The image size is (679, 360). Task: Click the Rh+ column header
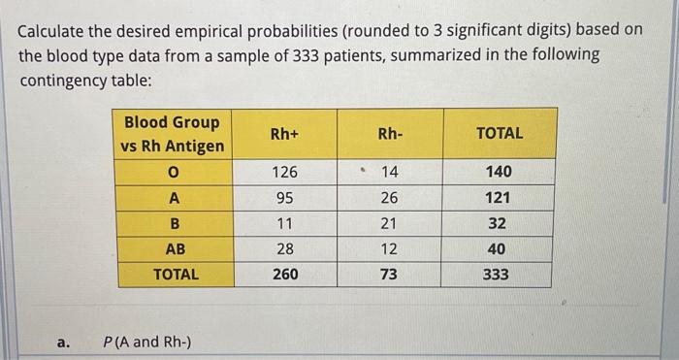pos(285,134)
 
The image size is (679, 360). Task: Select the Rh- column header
pos(388,134)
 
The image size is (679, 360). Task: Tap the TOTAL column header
pos(499,134)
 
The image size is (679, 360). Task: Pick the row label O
pos(175,172)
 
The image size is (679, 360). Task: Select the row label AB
pos(175,248)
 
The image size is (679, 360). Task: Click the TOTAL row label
pos(175,275)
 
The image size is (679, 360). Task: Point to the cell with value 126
pos(285,172)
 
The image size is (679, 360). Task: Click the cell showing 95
pos(285,197)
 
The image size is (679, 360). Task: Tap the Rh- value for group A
pos(388,197)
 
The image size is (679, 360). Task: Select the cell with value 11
pos(285,223)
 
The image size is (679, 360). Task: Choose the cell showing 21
pos(388,223)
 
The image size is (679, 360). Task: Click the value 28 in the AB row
pos(285,248)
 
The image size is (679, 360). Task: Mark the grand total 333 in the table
pos(496,275)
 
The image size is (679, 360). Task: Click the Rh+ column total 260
pos(285,275)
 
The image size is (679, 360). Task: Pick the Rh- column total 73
pos(388,275)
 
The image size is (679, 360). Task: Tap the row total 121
pos(497,197)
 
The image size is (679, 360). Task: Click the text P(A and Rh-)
pos(146,342)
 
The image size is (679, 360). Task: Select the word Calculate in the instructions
pos(59,30)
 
